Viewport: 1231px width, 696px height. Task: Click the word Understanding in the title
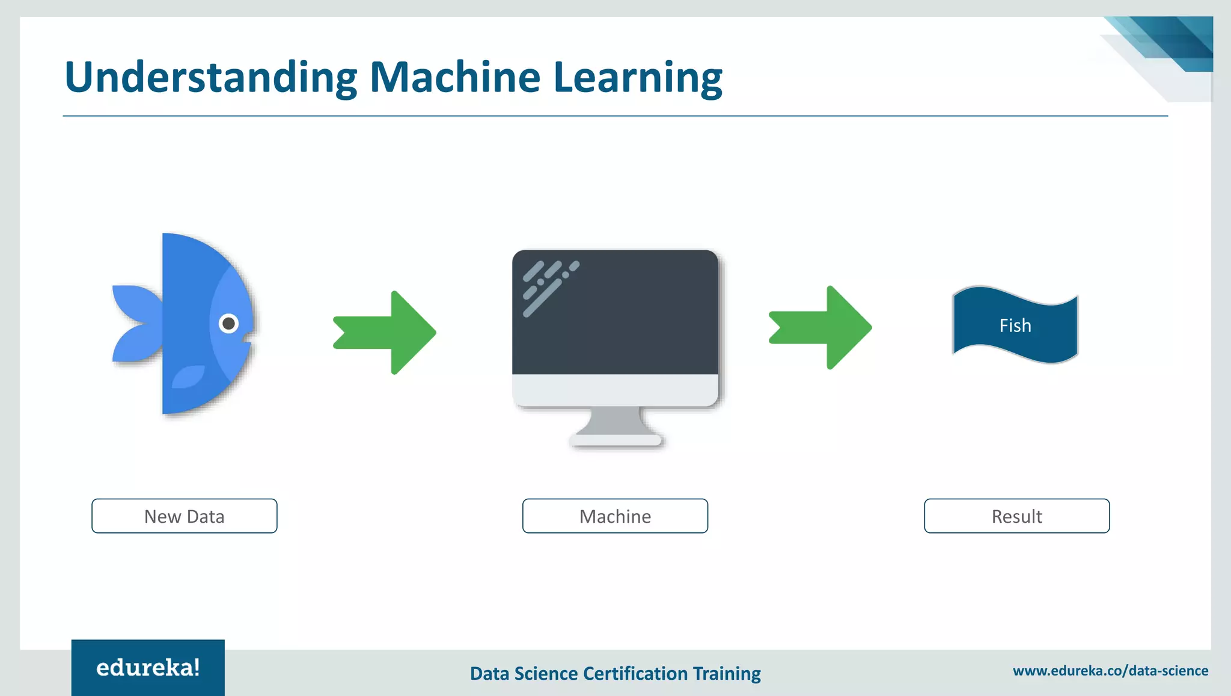tap(210, 78)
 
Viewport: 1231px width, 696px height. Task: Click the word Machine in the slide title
tap(455, 78)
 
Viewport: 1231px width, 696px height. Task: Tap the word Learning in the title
tap(637, 78)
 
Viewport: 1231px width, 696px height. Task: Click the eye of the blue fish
tap(228, 324)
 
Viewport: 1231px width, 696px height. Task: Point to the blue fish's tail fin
tap(136, 324)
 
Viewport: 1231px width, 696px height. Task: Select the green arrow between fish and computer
tap(385, 333)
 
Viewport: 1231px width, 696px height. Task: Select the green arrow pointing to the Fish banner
tap(820, 328)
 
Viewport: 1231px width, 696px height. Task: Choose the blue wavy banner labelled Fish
tap(1015, 325)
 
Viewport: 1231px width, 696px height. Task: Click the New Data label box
tap(185, 516)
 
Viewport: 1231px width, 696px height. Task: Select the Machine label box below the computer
tap(615, 516)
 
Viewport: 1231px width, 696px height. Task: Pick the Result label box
tap(1016, 516)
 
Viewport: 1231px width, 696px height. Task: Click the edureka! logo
tap(148, 668)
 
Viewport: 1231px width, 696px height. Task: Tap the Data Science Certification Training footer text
tap(615, 673)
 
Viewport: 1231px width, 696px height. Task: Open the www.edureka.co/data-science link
tap(1110, 671)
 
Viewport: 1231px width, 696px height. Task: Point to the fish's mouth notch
tap(248, 339)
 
